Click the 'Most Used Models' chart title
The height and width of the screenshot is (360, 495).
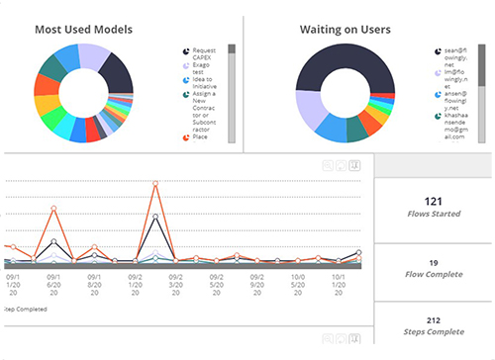[x=83, y=29]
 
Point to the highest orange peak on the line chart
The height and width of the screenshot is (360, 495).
[x=156, y=183]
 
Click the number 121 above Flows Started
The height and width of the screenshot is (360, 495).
[x=432, y=200]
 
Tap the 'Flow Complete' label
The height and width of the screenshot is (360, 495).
[x=433, y=274]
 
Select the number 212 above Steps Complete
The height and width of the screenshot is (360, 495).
[x=432, y=319]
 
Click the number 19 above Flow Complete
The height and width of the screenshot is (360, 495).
[x=432, y=262]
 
